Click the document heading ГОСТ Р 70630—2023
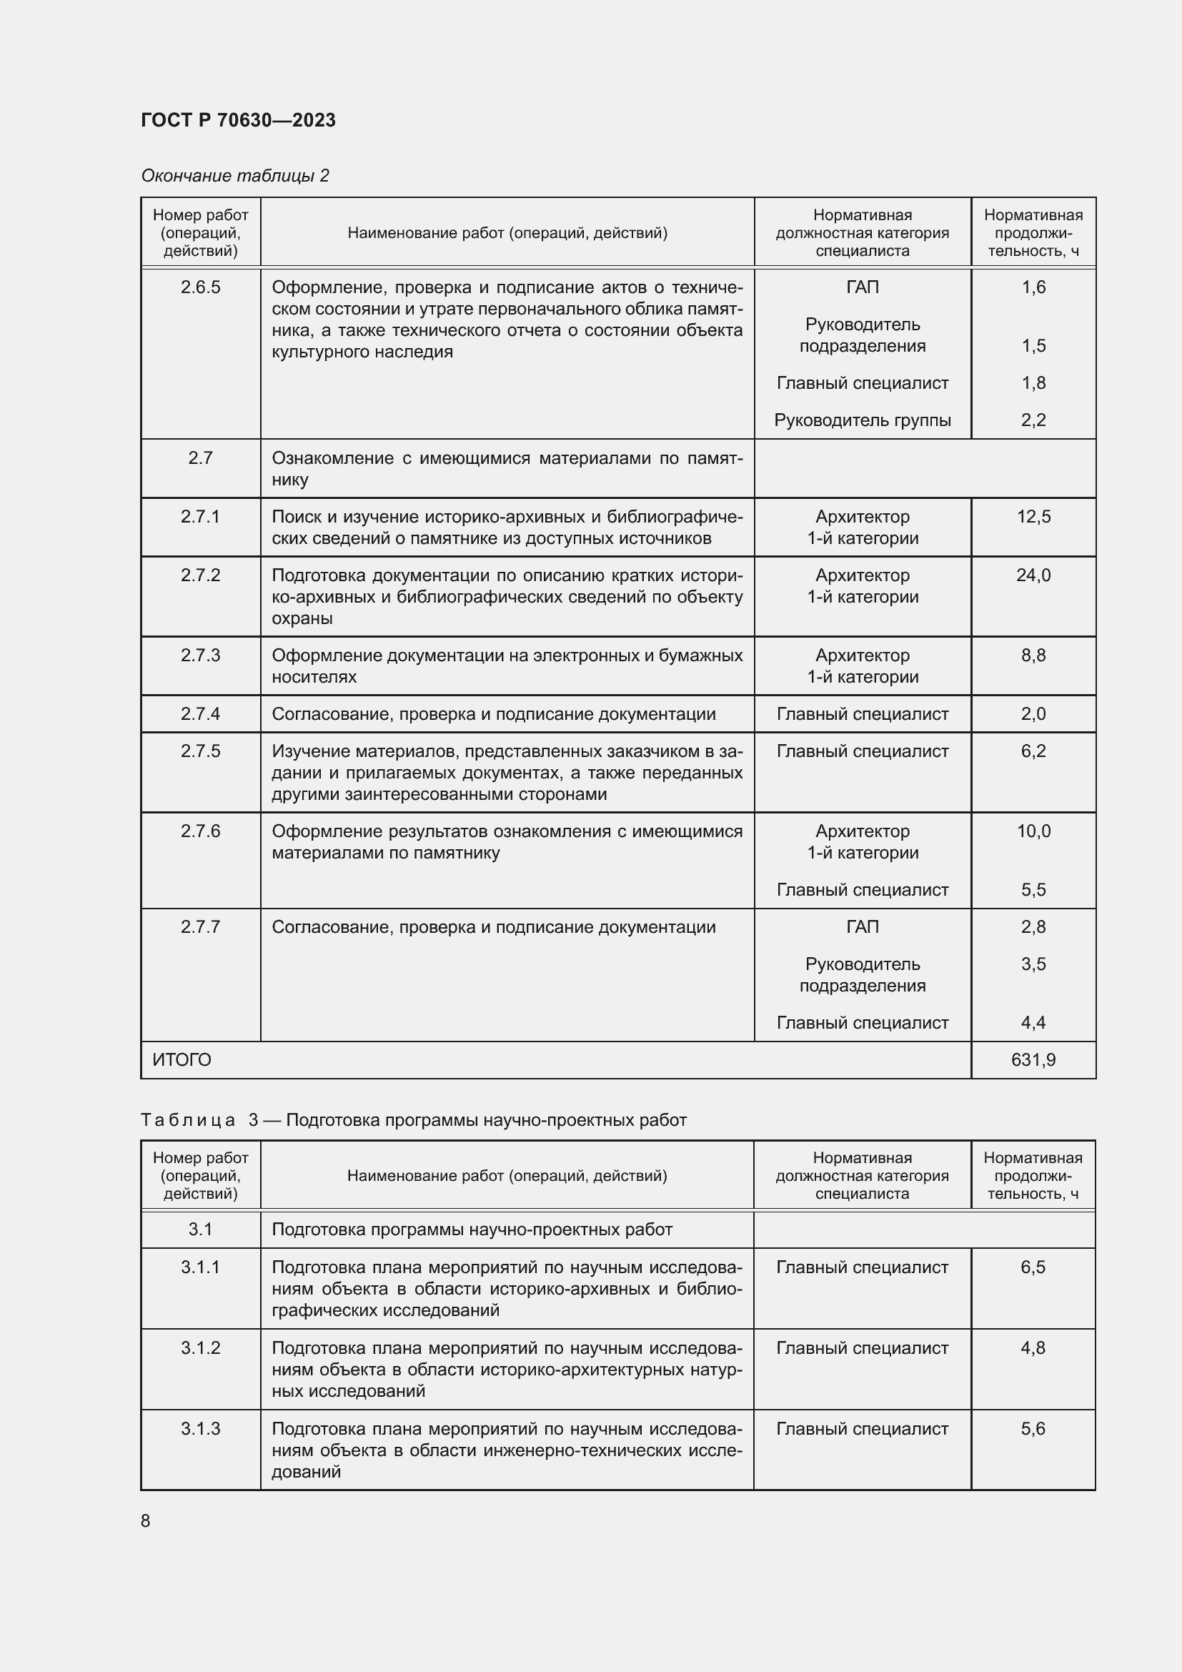click(238, 120)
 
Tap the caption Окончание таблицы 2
click(234, 176)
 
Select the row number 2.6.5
click(200, 287)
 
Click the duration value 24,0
click(1033, 575)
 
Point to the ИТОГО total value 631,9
click(1033, 1059)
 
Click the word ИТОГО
click(182, 1059)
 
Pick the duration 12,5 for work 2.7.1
click(1033, 516)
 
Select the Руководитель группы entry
click(862, 420)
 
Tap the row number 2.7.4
click(200, 713)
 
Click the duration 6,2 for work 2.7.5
click(1033, 751)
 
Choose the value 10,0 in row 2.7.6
click(1033, 831)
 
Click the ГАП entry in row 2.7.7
click(862, 926)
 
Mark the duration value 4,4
click(1033, 1022)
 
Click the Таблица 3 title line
click(413, 1119)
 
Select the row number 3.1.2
click(200, 1347)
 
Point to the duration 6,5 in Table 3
click(1032, 1267)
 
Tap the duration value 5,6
click(1032, 1428)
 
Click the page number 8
click(146, 1520)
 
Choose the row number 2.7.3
click(200, 656)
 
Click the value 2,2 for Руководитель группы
click(1033, 420)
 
